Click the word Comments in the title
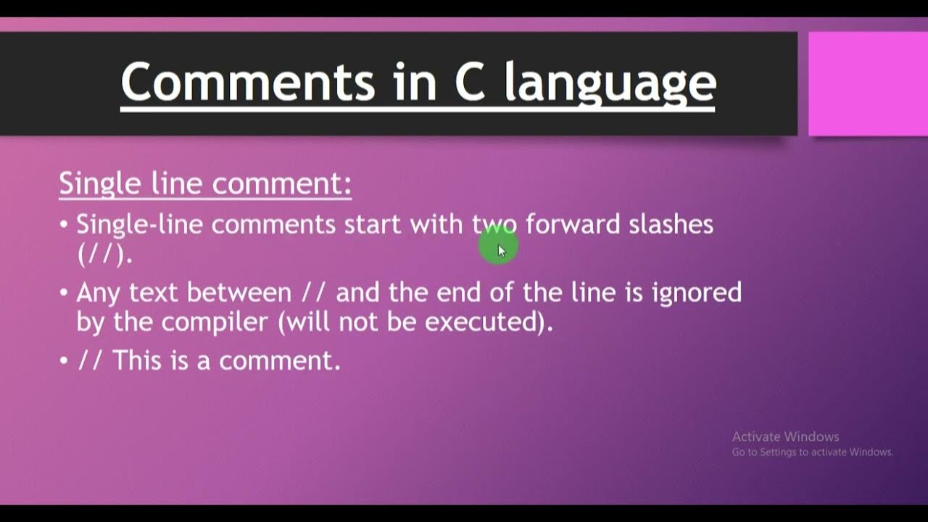pos(247,81)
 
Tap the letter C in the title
pos(471,81)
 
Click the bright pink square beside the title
pos(868,83)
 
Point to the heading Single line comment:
pos(205,183)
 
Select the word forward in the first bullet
pos(573,224)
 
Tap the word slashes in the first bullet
pos(671,224)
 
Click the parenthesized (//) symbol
pos(105,253)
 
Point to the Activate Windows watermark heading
pos(785,436)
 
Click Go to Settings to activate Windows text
pos(812,452)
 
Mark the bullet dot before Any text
pos(64,293)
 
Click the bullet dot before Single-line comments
pos(64,225)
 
